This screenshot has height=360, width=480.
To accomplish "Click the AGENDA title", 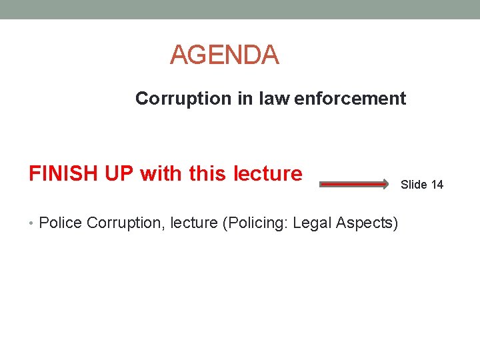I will (x=224, y=55).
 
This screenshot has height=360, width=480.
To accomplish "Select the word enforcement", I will (x=350, y=99).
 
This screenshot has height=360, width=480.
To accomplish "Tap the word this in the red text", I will (x=207, y=173).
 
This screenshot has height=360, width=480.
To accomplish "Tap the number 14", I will (x=437, y=185).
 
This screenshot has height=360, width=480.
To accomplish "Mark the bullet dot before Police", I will (x=31, y=223).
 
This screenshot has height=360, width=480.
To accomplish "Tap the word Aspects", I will (x=369, y=223).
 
